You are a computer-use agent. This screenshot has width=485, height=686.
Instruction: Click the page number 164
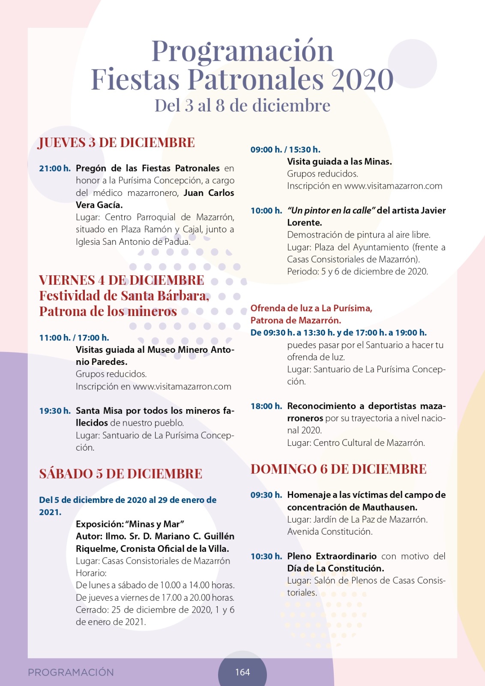point(242,672)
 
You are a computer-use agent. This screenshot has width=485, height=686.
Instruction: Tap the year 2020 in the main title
point(362,79)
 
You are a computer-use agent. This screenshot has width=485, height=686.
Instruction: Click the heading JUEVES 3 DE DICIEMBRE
point(117,142)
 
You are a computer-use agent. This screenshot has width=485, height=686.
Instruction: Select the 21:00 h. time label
point(55,168)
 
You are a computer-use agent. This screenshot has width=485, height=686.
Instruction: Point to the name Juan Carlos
point(209,193)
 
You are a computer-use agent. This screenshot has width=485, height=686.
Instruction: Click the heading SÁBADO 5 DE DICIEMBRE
point(121,474)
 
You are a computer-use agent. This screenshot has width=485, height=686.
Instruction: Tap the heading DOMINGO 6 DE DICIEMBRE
point(338,469)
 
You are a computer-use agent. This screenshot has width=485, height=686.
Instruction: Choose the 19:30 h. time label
point(55,411)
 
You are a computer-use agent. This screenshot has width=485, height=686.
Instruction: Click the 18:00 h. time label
point(266,406)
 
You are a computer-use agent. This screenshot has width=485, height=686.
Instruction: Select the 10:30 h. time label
point(266,557)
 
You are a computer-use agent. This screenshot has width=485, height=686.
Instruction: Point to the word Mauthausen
point(389,507)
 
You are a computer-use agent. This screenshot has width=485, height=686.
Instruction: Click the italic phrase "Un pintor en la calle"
point(332,211)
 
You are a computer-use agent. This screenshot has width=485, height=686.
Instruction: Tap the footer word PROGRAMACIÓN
point(71,672)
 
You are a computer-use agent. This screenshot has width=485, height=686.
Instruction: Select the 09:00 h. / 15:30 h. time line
point(285,150)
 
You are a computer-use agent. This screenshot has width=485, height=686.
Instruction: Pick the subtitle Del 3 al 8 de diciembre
point(242,105)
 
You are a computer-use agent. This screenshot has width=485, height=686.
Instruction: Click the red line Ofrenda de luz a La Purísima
point(311,308)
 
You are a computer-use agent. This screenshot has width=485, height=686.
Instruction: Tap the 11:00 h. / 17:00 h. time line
point(74,338)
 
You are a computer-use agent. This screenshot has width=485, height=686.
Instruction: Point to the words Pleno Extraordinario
point(332,557)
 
